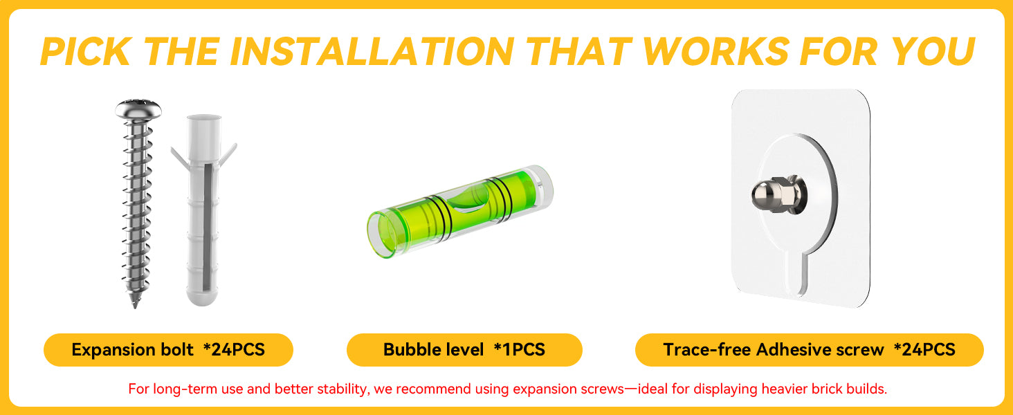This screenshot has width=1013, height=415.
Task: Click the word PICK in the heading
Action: (86, 51)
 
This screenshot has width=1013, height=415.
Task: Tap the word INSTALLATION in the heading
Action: (372, 51)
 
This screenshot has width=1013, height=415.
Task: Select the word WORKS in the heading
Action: (715, 51)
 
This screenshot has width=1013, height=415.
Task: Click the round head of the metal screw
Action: (138, 109)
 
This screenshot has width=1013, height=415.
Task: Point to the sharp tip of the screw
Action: (135, 306)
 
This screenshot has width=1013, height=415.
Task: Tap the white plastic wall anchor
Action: (203, 210)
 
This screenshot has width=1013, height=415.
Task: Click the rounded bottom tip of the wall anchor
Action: (202, 301)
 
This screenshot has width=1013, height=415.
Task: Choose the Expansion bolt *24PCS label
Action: (168, 349)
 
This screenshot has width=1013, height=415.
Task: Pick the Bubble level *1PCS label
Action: (464, 349)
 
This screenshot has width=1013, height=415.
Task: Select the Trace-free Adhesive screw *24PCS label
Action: (809, 349)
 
